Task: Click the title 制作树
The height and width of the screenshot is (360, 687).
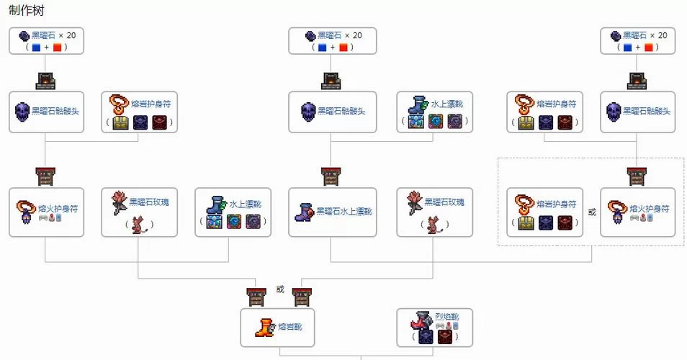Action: coord(24,12)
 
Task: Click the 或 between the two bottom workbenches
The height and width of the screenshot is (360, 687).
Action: coord(280,289)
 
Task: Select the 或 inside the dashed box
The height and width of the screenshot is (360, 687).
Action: coord(592,212)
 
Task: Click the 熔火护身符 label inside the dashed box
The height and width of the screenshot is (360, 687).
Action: coord(650,208)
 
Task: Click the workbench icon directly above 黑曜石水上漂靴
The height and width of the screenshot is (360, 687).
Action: coord(331,176)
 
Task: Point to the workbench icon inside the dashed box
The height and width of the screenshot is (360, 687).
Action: coord(637,176)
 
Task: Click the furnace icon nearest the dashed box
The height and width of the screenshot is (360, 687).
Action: coord(637,80)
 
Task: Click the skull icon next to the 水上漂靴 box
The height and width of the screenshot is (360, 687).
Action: coord(308,112)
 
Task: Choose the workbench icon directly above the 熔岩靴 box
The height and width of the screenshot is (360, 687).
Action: coord(256,295)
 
